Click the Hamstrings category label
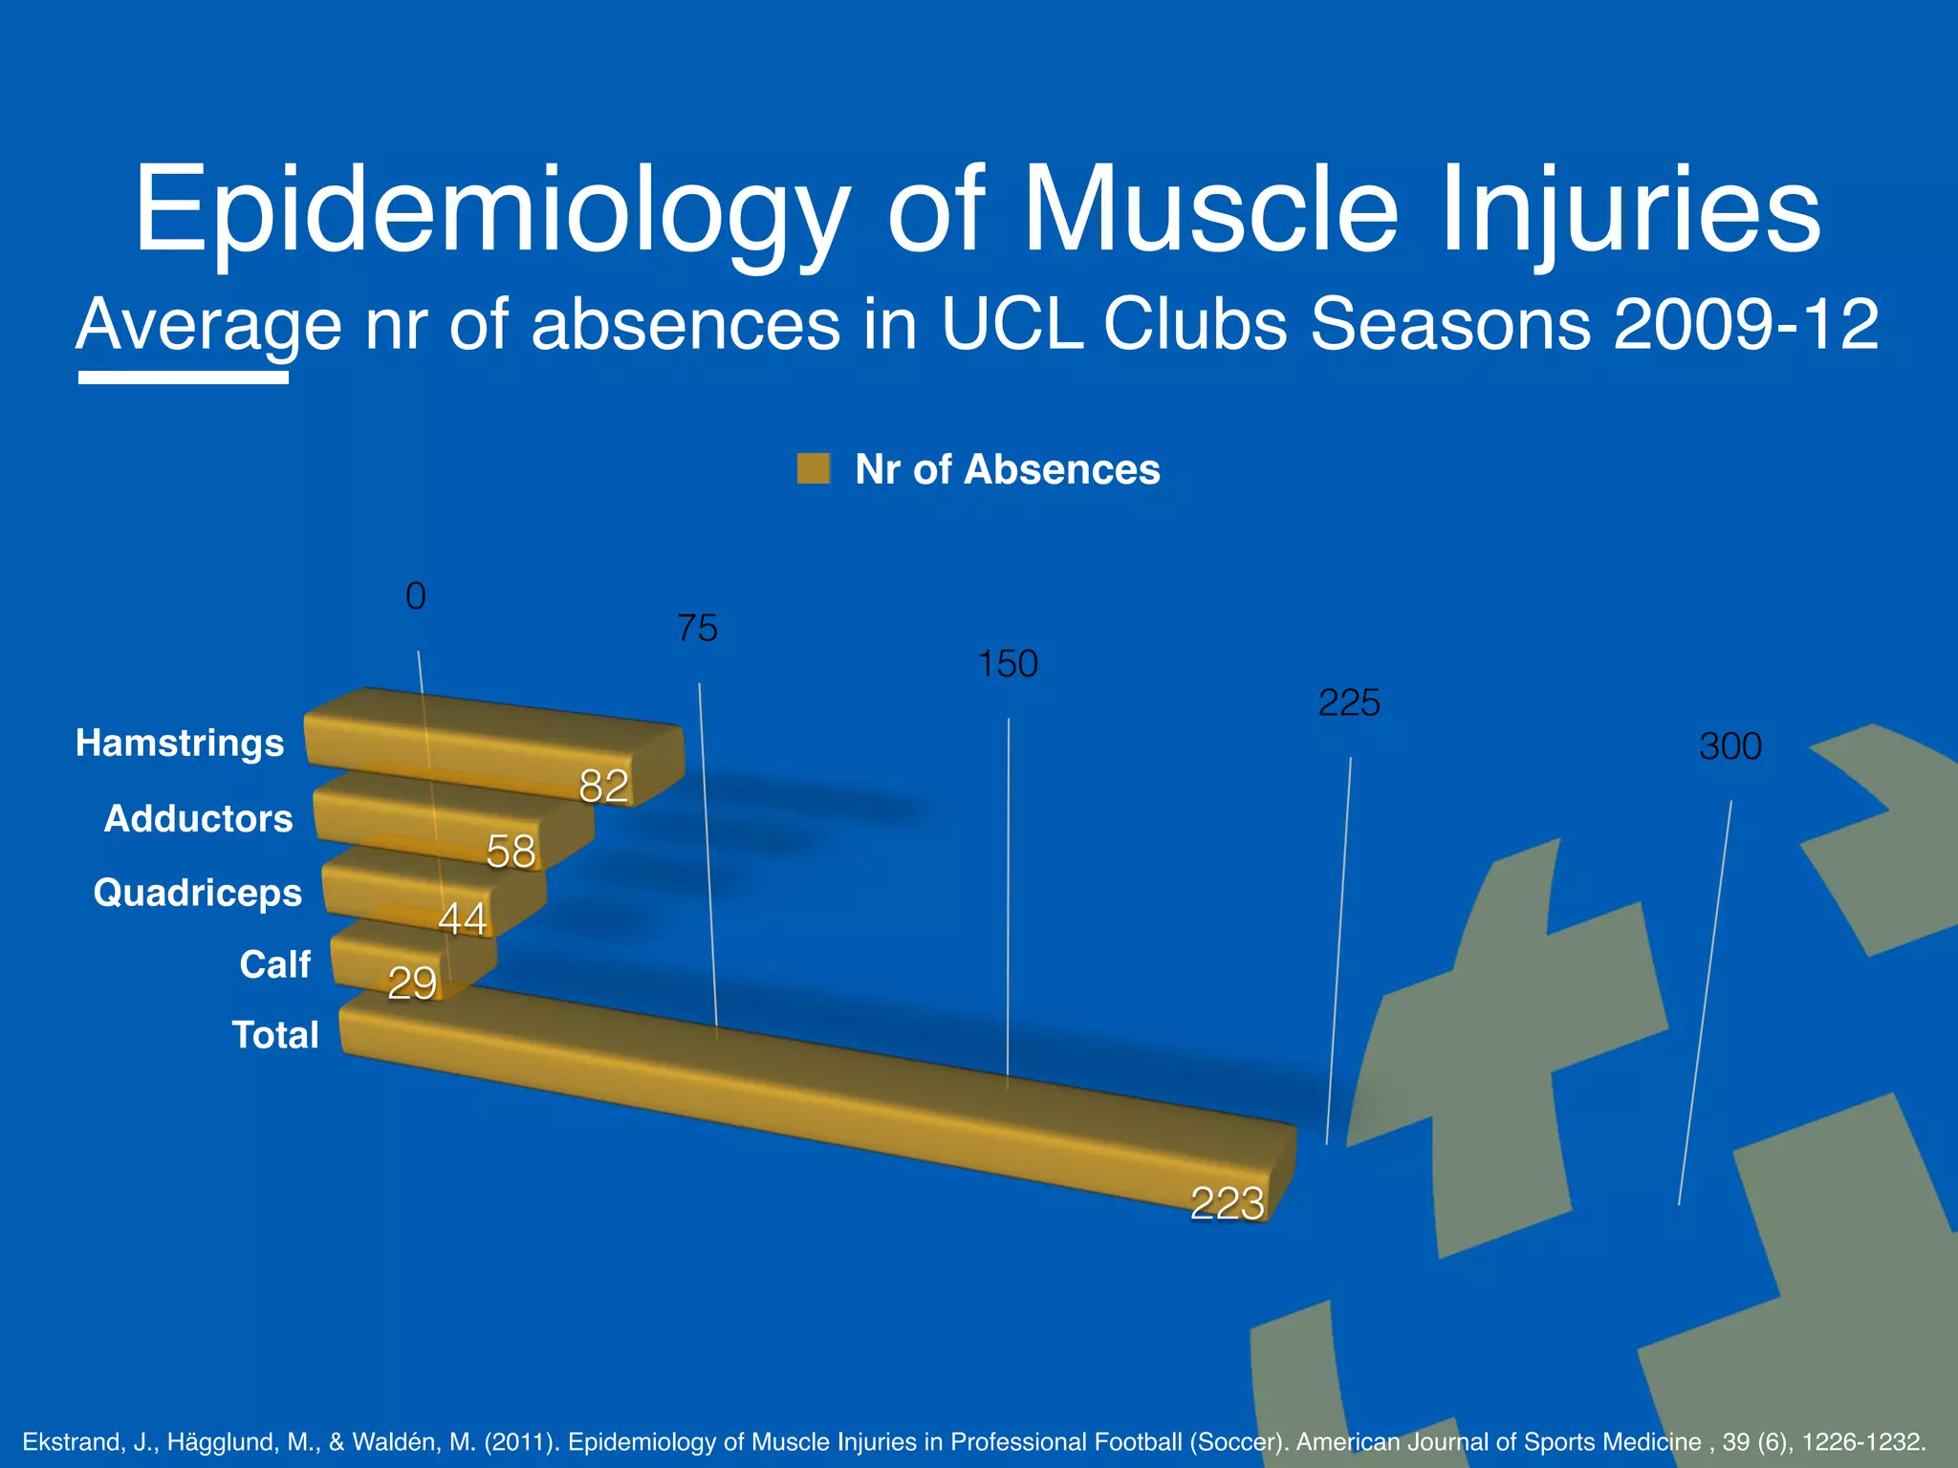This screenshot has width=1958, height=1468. click(x=180, y=744)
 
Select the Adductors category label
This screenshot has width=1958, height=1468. click(x=198, y=819)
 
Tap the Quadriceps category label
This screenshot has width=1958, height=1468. click(x=198, y=894)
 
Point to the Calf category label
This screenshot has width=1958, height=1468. click(x=275, y=965)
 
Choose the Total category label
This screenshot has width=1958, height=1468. click(x=275, y=1035)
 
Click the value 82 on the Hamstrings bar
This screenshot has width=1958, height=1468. click(x=604, y=787)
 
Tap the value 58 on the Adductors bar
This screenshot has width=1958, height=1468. click(x=511, y=852)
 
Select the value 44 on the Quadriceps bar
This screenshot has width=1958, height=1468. click(x=463, y=919)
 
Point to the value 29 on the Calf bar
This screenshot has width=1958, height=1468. click(x=412, y=983)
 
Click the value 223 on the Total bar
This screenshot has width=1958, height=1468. click(x=1228, y=1203)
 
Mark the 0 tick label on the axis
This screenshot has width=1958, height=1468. click(x=416, y=596)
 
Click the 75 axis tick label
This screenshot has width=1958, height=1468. click(x=697, y=629)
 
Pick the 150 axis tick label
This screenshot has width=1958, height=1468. click(x=1008, y=664)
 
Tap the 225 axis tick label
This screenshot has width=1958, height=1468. click(x=1349, y=703)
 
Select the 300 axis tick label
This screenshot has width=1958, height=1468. click(x=1730, y=746)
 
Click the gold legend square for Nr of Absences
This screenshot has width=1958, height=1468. click(x=814, y=469)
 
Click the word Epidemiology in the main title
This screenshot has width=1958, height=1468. click(x=491, y=212)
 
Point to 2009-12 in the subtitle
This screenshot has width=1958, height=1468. click(x=1747, y=325)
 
